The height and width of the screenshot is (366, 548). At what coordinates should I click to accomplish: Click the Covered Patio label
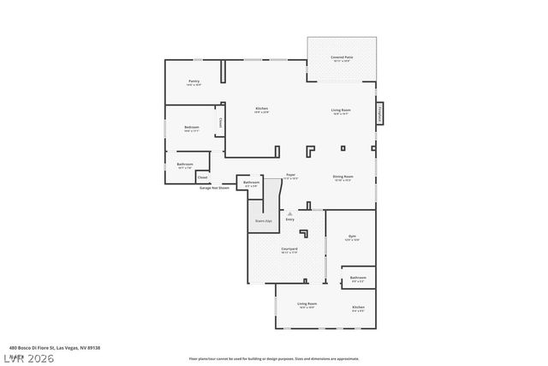pos(342,57)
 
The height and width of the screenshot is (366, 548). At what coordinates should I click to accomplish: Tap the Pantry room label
pos(194,81)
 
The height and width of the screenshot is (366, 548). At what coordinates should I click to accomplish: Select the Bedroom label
pos(191,127)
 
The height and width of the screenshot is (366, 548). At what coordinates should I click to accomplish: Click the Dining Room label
pos(343,177)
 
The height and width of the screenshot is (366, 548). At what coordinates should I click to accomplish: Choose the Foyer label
pos(291,174)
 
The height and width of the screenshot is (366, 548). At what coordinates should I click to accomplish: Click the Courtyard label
pos(289,249)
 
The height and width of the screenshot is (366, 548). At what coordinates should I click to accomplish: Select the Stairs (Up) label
pos(263,221)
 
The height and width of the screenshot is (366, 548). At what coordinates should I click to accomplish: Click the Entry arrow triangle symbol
pos(289,213)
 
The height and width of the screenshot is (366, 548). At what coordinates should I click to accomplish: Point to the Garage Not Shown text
pos(214,187)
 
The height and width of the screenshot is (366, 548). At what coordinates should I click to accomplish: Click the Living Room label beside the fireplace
pos(342,110)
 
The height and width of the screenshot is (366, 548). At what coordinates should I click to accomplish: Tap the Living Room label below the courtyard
pos(307,304)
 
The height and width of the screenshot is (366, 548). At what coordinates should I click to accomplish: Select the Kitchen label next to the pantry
pos(262,109)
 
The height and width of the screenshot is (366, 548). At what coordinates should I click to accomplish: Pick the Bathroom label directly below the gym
pos(358,277)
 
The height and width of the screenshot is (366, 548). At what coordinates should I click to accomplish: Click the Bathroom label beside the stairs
pos(251,182)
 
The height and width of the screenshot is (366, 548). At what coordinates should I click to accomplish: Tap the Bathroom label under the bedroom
pos(185,164)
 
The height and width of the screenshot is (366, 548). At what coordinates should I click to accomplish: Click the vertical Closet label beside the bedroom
pos(221,123)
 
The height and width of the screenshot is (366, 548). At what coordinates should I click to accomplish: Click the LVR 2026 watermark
pos(27,357)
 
